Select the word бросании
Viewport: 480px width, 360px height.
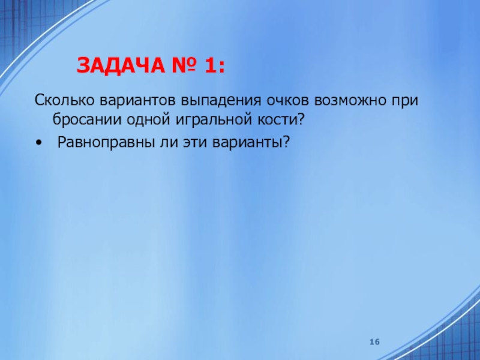[84, 119]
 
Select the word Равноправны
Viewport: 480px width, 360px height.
[100, 142]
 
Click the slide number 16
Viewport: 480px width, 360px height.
[375, 341]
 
